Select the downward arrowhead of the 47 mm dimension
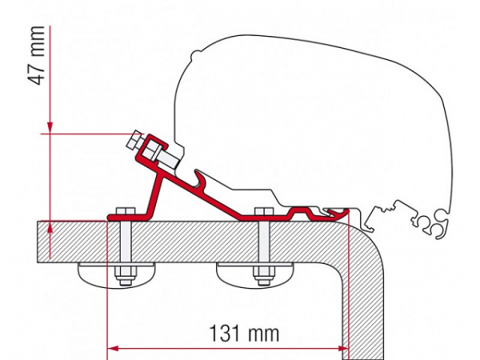[50, 126]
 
